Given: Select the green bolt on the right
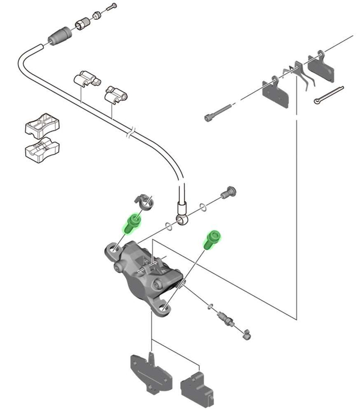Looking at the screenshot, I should click(x=211, y=239).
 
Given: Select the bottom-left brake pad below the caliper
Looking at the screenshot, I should click(x=151, y=371).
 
